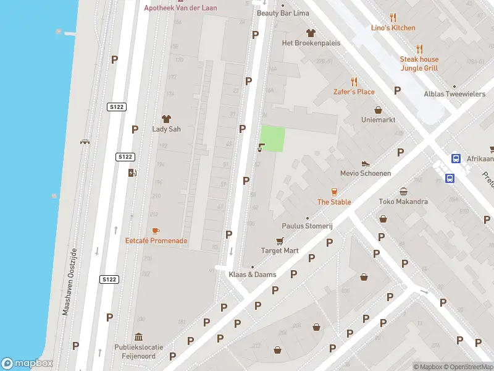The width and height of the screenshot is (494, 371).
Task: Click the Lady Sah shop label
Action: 165,129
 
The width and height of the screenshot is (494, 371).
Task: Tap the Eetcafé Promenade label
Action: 156,241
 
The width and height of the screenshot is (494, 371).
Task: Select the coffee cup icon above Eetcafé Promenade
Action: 156,231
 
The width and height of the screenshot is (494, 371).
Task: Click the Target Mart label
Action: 280,250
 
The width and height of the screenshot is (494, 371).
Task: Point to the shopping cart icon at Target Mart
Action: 280,241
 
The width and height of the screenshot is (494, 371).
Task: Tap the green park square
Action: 272,139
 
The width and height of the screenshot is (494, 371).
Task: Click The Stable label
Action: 334,202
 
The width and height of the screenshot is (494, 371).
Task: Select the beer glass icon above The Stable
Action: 335,192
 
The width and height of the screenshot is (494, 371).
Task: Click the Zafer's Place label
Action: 354,92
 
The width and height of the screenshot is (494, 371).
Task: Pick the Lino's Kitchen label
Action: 393,28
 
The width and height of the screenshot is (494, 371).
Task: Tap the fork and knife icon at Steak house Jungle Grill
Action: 419,49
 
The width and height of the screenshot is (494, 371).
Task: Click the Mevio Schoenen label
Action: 366,174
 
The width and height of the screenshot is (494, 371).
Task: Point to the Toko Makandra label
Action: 403,202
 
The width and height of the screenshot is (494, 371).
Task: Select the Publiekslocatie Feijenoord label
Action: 138,351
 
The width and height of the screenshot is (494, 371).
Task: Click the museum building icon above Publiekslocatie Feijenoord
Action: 138,337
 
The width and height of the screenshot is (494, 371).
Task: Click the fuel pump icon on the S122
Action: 131,173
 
